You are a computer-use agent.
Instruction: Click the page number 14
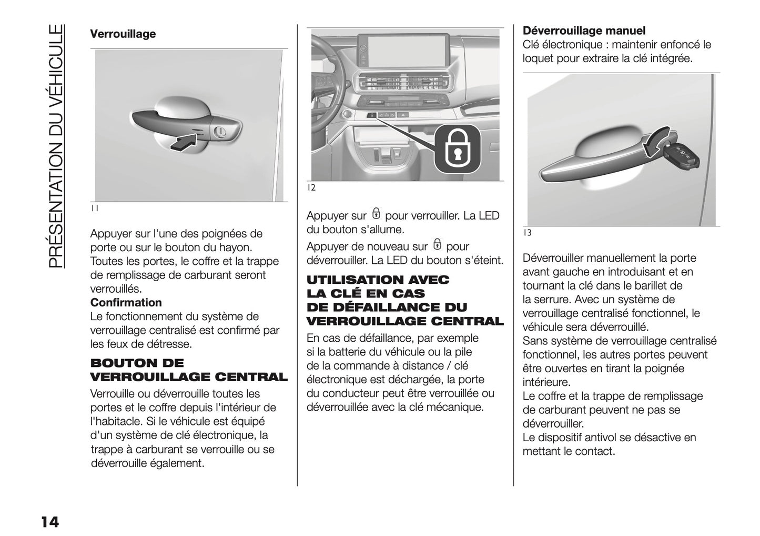click(x=48, y=522)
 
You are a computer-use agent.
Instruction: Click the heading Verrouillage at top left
click(x=123, y=34)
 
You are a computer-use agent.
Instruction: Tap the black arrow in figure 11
click(x=184, y=142)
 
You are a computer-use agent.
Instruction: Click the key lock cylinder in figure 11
click(x=220, y=132)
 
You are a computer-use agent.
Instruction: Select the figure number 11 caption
click(x=94, y=209)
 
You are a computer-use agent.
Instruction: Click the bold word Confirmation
click(x=126, y=303)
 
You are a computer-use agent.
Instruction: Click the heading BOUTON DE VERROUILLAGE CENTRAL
click(x=189, y=370)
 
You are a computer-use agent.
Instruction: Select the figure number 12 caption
click(x=311, y=188)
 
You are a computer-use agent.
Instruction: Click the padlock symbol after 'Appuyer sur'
click(x=376, y=214)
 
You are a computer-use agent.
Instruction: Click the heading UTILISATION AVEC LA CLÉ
click(x=404, y=300)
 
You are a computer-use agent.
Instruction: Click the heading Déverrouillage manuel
click(x=584, y=31)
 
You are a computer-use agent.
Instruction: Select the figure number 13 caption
click(x=527, y=233)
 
